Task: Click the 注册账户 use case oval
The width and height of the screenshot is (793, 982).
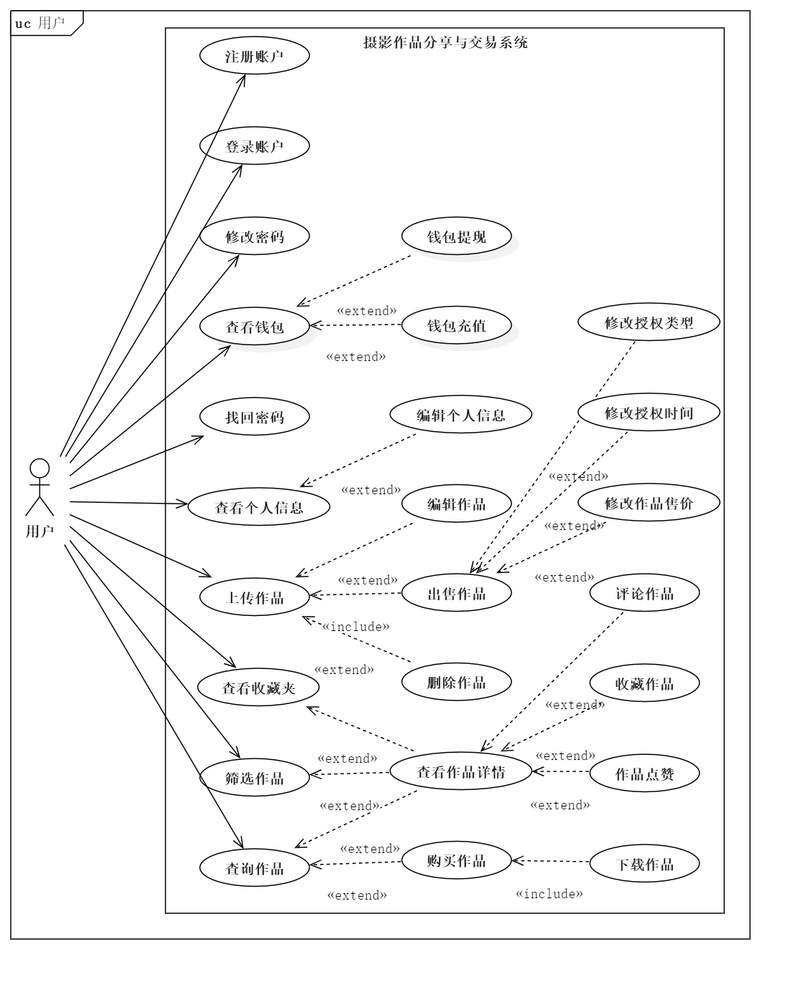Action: point(254,57)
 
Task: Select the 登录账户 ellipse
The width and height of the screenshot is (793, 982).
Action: point(254,146)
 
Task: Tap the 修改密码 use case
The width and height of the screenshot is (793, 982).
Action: point(254,236)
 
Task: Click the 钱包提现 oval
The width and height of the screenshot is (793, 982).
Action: point(456,236)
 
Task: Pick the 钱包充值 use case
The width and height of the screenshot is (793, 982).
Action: point(456,325)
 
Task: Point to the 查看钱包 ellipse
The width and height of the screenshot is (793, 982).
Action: point(254,327)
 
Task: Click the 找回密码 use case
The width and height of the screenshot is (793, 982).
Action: point(254,416)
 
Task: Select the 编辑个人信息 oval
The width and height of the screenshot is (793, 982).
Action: point(461,415)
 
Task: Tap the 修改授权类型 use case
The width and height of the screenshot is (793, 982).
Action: point(649,322)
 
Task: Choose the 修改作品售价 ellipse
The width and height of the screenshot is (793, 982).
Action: point(649,503)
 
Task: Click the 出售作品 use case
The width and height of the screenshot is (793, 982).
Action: point(456,593)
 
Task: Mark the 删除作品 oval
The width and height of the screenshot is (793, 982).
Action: point(456,682)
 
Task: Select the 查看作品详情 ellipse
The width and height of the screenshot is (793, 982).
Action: point(461,771)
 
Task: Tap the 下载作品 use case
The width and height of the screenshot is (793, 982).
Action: point(645,864)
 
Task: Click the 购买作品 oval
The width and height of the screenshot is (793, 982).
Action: point(456,861)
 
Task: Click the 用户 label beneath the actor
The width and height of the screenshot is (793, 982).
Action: point(39,531)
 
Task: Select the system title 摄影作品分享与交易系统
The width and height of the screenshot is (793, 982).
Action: point(445,42)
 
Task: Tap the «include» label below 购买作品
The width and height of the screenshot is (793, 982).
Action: point(549,893)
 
